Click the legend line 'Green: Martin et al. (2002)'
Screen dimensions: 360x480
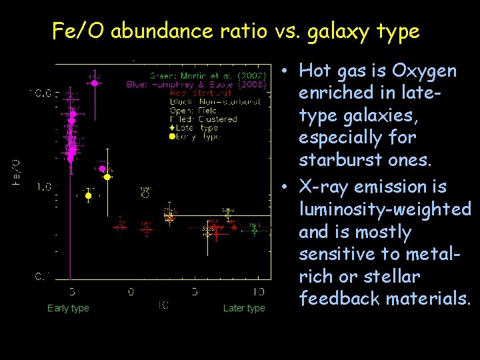[208, 75]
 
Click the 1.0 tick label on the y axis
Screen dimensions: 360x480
[43, 187]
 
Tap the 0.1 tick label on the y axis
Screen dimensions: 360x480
[43, 275]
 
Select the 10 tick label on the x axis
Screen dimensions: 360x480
[259, 291]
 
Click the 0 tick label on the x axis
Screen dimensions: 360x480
[131, 291]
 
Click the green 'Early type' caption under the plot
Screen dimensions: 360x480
[68, 308]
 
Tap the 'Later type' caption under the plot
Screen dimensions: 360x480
[243, 308]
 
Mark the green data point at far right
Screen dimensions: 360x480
[255, 227]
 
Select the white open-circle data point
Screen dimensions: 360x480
[145, 195]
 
